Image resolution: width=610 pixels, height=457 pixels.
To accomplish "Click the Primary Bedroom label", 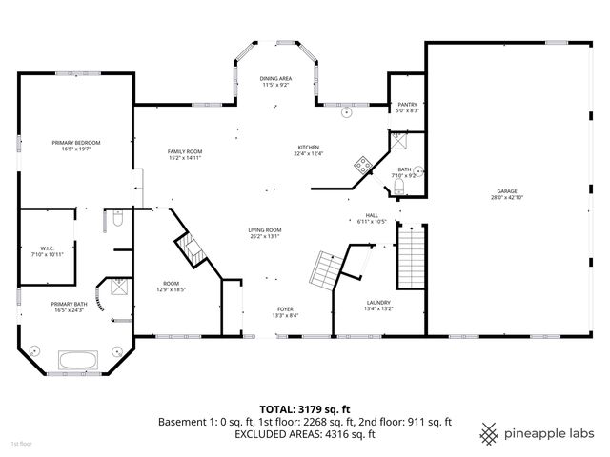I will point(75,142).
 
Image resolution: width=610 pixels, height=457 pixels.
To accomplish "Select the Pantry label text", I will point(407,106).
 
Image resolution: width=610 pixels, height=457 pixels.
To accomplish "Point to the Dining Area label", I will point(275,78).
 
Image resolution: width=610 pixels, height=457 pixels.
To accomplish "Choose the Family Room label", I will point(185,151).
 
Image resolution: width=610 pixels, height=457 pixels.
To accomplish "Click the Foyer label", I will point(285,308).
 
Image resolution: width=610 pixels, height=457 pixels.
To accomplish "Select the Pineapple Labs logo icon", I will point(489,433).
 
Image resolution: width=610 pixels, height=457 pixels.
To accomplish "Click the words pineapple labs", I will point(550,434).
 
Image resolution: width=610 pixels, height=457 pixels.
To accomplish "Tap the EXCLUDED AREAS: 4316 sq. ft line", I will point(304,433).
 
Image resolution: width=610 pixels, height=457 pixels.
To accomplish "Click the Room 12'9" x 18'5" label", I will point(172,285).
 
